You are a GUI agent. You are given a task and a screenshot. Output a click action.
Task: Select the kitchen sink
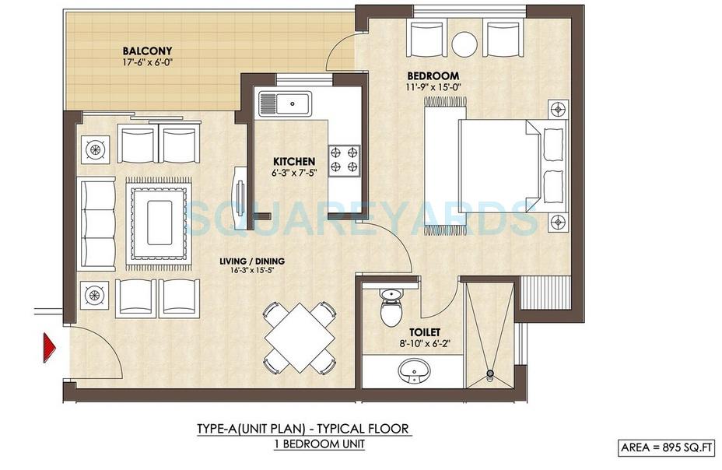286,102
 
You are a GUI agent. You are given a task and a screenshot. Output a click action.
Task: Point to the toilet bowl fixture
389,309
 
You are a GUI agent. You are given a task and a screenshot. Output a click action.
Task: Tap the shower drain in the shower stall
490,374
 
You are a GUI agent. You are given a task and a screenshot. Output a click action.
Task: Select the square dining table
300,338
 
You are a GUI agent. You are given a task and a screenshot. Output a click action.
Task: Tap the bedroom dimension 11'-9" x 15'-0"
433,88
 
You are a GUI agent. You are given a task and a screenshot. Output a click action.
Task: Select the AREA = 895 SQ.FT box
667,447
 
